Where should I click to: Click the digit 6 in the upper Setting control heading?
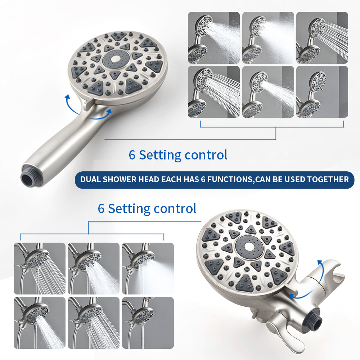pos(132,155)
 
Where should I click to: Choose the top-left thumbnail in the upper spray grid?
pos(214,38)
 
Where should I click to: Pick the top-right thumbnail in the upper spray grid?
pos(322,38)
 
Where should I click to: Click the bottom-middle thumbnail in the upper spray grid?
pos(268,92)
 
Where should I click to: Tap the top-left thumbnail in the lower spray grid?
pos(40,269)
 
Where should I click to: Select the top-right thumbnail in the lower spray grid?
pos(148,269)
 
